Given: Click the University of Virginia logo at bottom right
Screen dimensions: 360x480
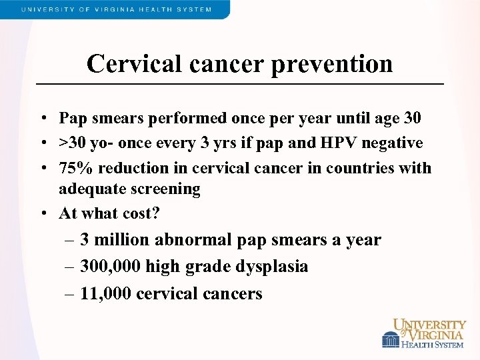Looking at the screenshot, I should [x=424, y=333].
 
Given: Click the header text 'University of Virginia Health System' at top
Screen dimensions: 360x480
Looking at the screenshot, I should [x=117, y=9].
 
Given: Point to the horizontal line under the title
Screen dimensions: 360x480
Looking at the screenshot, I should [x=239, y=84].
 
